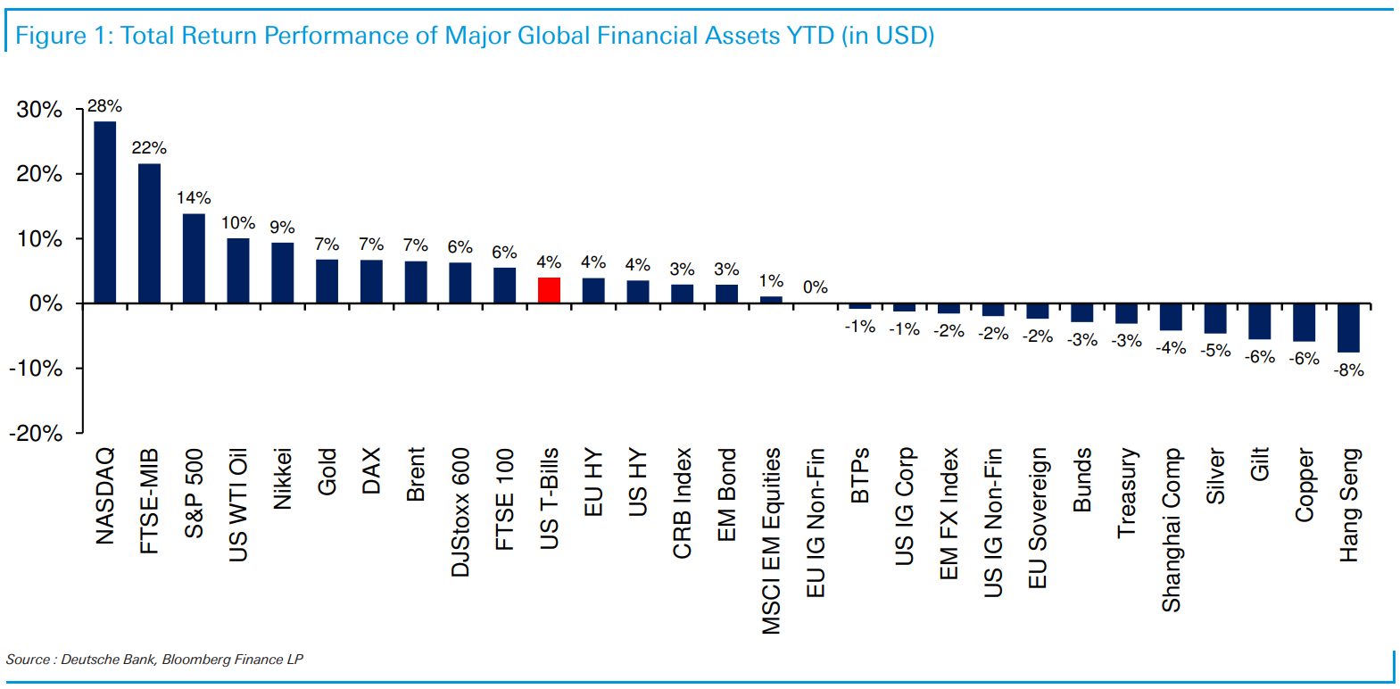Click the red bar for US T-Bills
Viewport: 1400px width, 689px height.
point(549,290)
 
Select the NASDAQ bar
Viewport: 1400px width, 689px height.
point(104,212)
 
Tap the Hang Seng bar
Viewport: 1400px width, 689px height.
point(1348,328)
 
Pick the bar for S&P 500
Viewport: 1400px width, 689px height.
point(194,259)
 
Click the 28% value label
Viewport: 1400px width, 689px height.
point(104,106)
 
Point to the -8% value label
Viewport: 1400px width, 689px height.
point(1348,370)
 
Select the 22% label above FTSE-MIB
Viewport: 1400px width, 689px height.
point(149,148)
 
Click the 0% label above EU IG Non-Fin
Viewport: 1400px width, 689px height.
point(815,287)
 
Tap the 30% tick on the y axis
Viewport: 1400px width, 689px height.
point(39,110)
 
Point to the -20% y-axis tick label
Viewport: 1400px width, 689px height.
point(36,434)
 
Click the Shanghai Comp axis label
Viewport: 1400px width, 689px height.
point(1171,530)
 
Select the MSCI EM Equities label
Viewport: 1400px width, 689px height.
point(771,541)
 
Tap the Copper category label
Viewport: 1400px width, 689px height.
point(1304,486)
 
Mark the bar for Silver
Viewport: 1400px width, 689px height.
point(1214,319)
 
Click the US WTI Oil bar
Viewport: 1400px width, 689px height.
point(238,270)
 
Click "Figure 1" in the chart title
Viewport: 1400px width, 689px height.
point(59,36)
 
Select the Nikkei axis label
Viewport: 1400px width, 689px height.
point(282,478)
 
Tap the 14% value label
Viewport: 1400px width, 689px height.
point(194,198)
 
